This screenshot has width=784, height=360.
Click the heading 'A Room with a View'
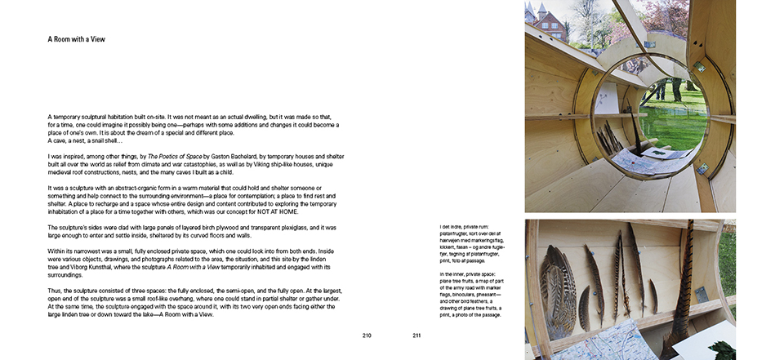click(x=76, y=39)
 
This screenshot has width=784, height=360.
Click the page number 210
click(x=367, y=335)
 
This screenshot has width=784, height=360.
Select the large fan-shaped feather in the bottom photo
click(x=558, y=281)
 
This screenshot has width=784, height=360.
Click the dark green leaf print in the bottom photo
click(x=724, y=349)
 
